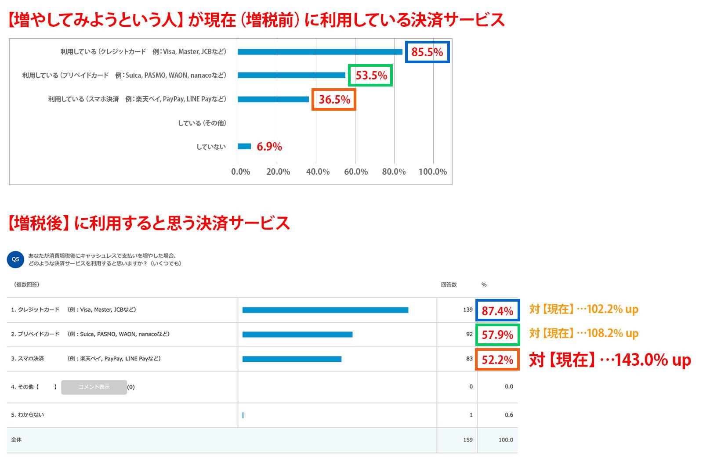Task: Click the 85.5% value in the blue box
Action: click(x=427, y=52)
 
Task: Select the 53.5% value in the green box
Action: click(x=371, y=76)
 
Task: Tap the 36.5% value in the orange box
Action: click(x=334, y=100)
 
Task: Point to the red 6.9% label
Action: click(x=269, y=147)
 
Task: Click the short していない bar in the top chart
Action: click(x=244, y=147)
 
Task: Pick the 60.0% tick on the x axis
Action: click(x=356, y=172)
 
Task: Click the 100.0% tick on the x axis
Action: click(x=433, y=172)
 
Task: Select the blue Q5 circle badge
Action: click(x=15, y=259)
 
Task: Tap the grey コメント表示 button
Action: click(x=94, y=387)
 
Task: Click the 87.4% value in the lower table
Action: click(x=497, y=311)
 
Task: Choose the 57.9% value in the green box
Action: click(x=497, y=335)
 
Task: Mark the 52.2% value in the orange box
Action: click(x=497, y=360)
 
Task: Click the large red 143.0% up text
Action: click(x=610, y=360)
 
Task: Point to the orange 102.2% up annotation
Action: click(x=583, y=309)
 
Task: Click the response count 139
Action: click(x=467, y=310)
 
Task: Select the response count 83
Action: click(x=469, y=359)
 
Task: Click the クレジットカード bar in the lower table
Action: click(x=325, y=310)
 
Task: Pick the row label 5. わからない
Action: click(x=27, y=415)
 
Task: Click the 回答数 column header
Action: click(x=449, y=285)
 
